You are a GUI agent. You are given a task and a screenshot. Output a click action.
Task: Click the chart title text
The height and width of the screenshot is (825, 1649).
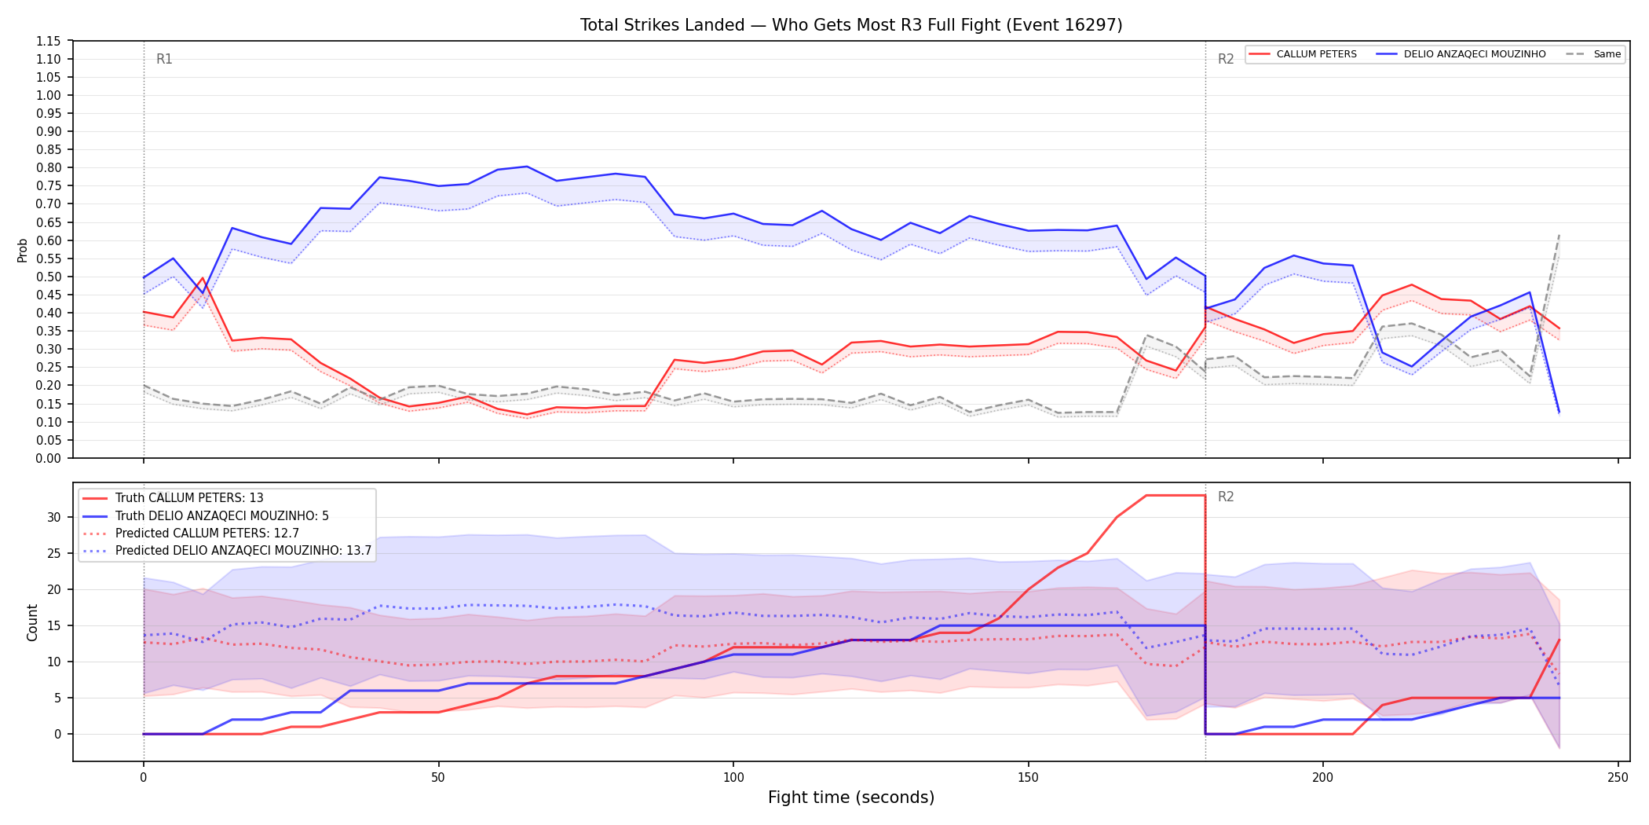tap(851, 25)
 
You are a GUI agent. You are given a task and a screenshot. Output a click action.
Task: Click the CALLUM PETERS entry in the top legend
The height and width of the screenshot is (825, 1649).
tap(1303, 54)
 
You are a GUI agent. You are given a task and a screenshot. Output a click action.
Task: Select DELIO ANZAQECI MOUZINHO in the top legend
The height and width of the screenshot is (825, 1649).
tap(1461, 54)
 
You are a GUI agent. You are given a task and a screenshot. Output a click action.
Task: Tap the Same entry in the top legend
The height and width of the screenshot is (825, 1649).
tap(1593, 54)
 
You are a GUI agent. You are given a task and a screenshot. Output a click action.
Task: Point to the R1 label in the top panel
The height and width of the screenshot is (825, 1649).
tap(164, 59)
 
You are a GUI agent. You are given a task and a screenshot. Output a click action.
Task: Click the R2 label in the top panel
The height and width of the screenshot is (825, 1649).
tap(1226, 59)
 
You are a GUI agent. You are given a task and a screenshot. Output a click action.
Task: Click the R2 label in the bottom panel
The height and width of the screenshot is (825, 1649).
tap(1226, 497)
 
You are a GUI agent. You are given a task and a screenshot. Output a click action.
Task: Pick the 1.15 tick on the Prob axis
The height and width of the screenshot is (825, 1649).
tap(49, 41)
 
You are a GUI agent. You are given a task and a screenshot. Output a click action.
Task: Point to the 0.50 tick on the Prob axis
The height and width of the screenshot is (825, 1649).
tap(49, 277)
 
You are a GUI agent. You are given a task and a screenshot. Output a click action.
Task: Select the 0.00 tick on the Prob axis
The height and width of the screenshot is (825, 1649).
tap(49, 458)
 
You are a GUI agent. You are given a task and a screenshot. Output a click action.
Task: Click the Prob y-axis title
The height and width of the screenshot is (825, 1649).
tap(23, 250)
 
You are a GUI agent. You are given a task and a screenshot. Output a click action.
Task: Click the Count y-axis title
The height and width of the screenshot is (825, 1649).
tap(32, 622)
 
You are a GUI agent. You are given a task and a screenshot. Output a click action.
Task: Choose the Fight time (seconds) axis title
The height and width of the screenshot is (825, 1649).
tap(851, 797)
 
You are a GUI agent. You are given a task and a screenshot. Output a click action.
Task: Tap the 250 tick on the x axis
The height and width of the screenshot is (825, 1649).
tap(1618, 778)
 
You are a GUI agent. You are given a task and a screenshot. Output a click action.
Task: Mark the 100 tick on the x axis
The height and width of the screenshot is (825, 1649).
tap(733, 778)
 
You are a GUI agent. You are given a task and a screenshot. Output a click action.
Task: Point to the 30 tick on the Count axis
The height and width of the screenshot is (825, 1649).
tap(53, 517)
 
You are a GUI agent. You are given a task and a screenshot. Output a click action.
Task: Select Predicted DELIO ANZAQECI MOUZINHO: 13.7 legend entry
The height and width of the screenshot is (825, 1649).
tap(227, 551)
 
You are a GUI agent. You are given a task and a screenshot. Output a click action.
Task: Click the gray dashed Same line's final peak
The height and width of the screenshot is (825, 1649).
tap(1559, 235)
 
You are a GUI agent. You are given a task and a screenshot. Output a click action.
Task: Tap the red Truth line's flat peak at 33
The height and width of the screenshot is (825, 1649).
tap(1176, 495)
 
